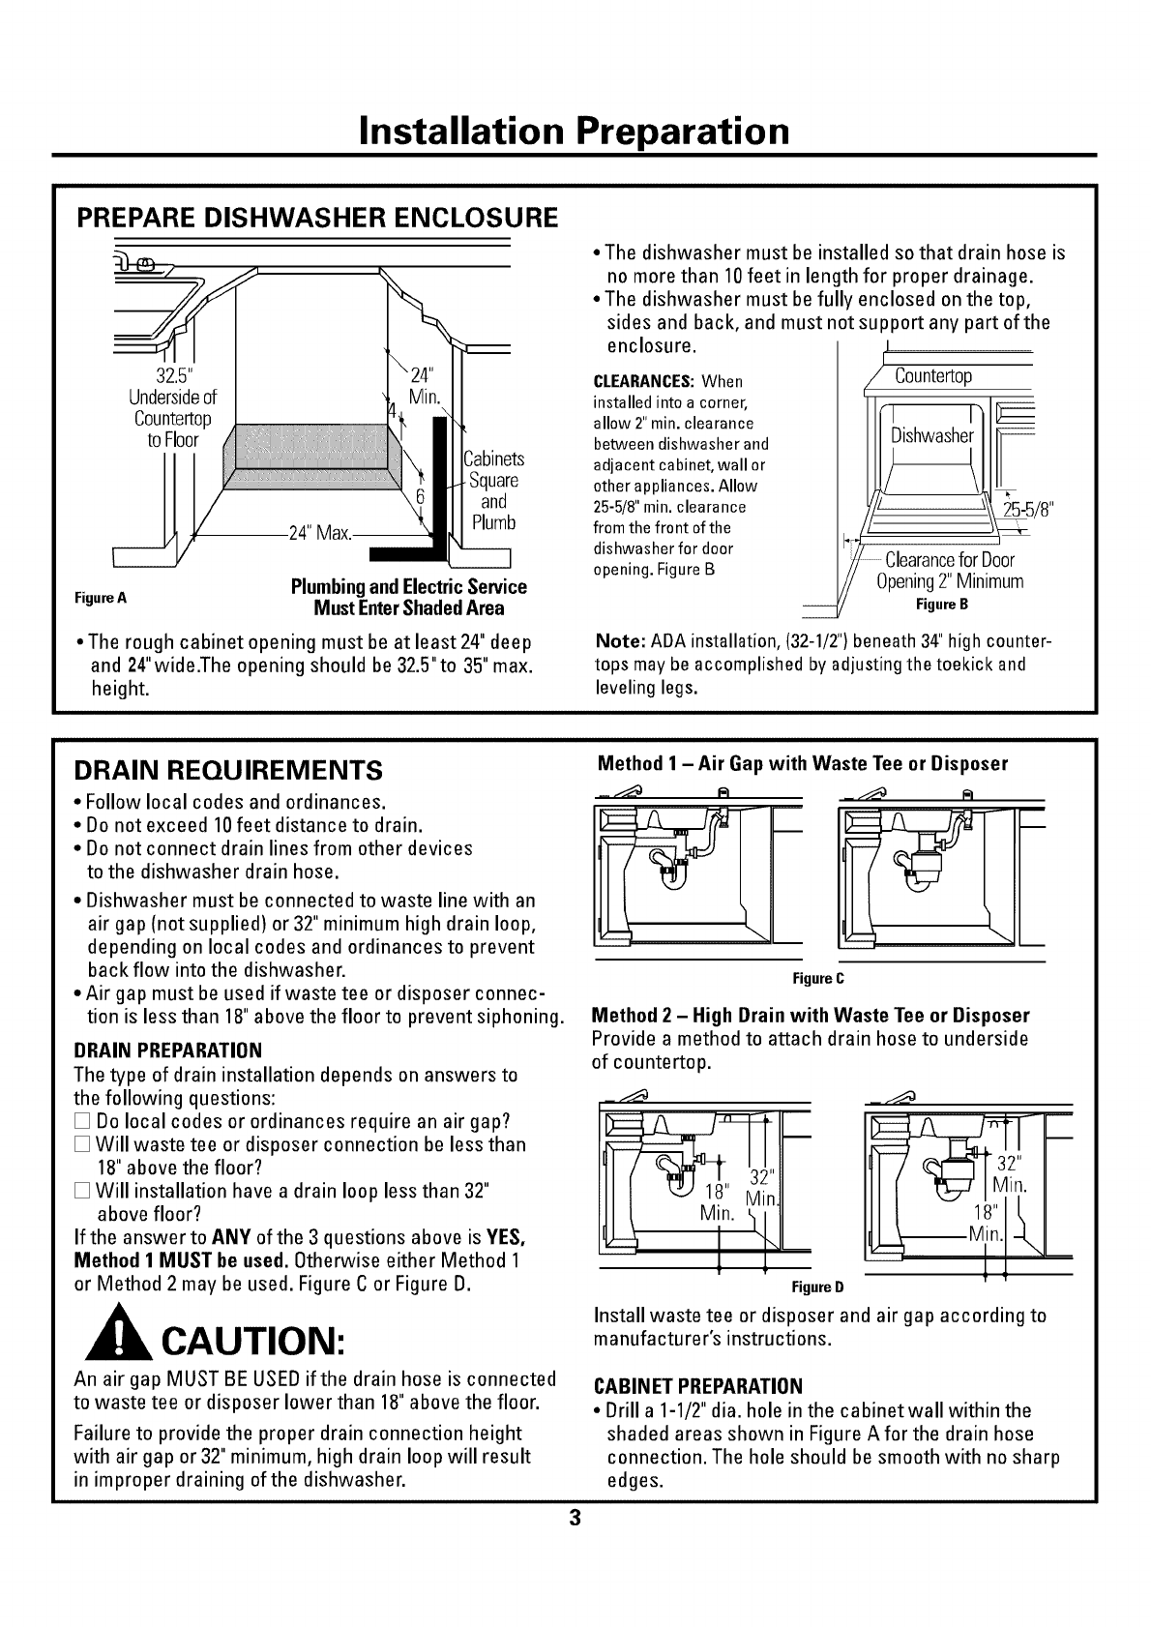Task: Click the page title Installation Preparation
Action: [x=574, y=130]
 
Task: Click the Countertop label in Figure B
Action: [x=933, y=375]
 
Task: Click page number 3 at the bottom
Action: [x=574, y=1518]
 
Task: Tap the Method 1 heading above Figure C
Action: [x=803, y=763]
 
